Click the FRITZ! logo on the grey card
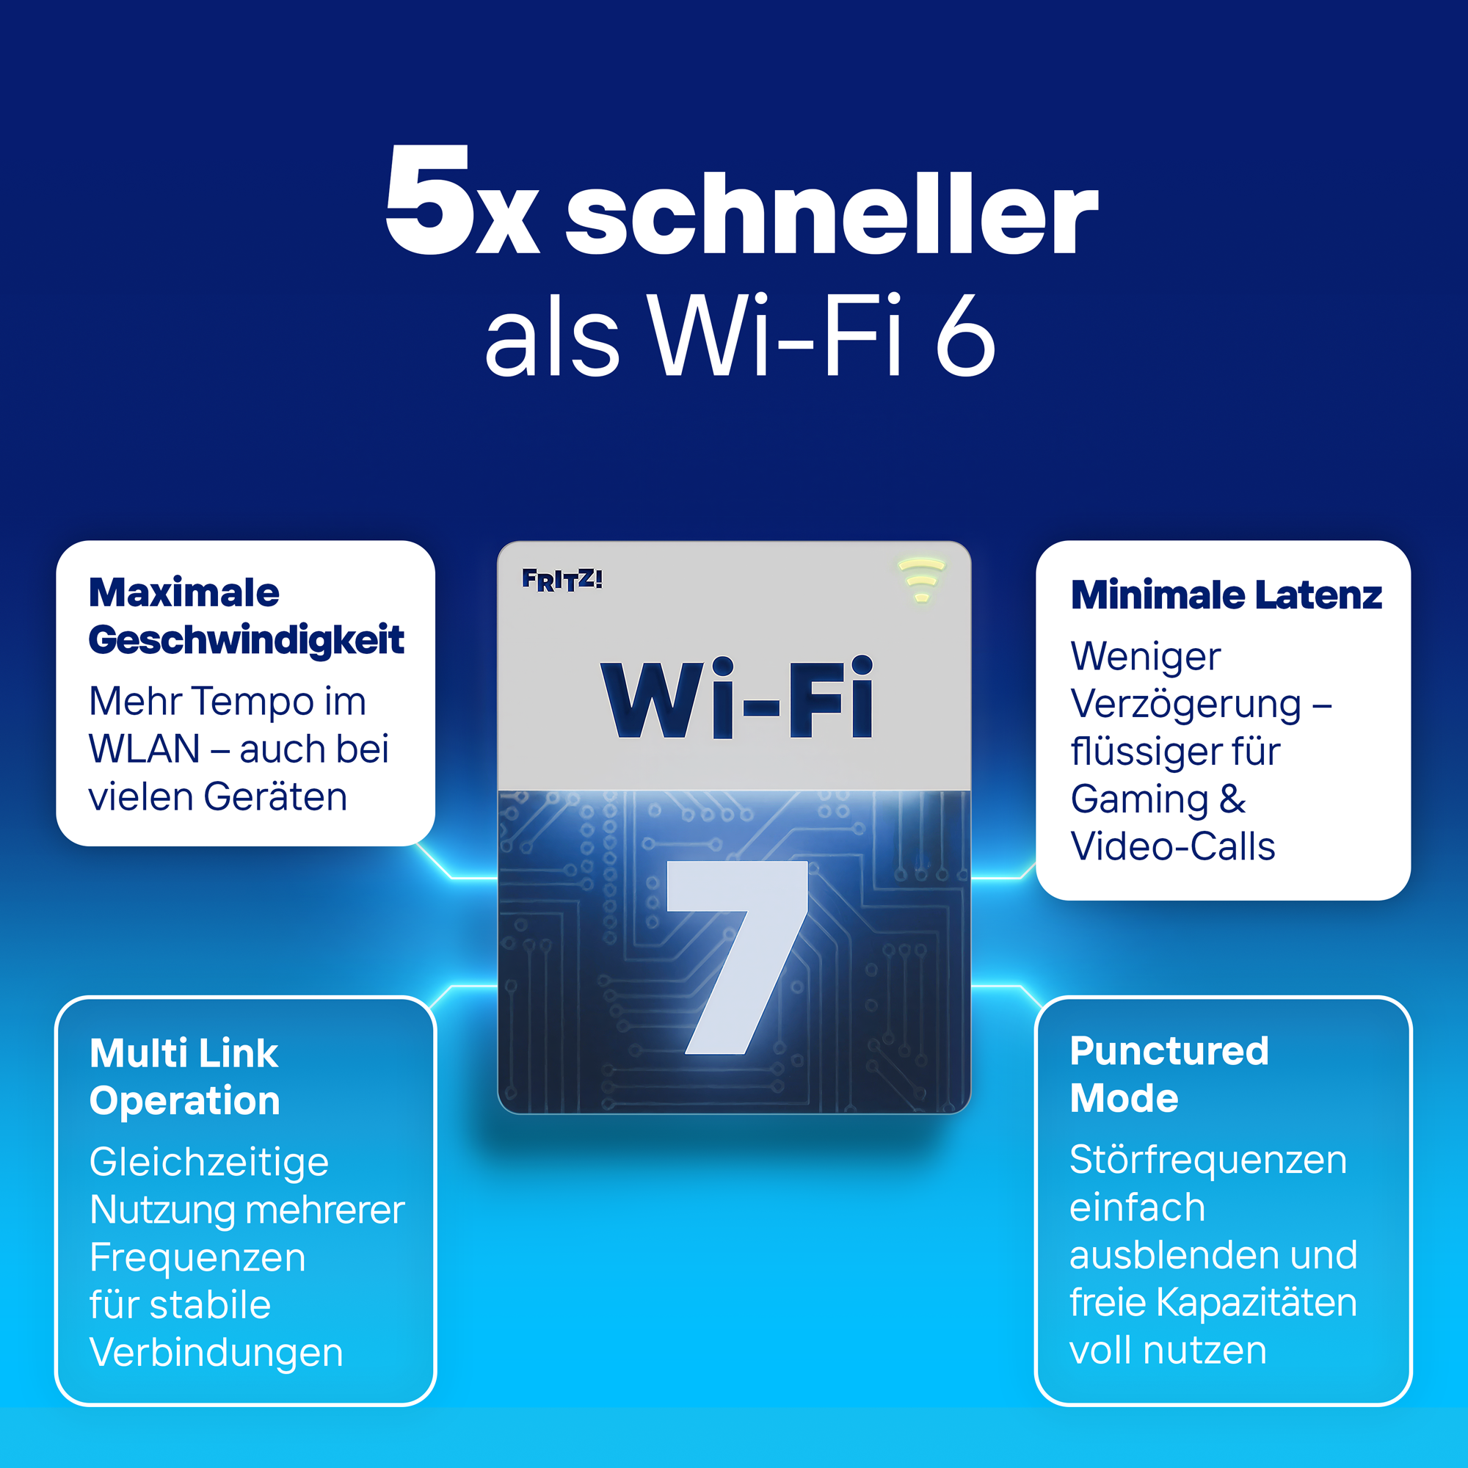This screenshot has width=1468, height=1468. [x=562, y=580]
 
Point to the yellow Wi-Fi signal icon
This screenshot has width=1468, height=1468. [x=921, y=580]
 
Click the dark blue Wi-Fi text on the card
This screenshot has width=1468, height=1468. [x=737, y=698]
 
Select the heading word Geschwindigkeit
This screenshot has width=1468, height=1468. [x=246, y=641]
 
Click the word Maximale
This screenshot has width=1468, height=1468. [x=184, y=592]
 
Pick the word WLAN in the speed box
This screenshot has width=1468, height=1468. [x=145, y=749]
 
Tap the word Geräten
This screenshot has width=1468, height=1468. [x=276, y=797]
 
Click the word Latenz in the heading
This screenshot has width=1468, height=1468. [x=1318, y=595]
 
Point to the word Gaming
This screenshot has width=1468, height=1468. [x=1140, y=800]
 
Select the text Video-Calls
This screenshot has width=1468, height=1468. [x=1172, y=846]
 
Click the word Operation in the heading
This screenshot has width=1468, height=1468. [x=185, y=1102]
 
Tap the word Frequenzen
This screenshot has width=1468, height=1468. [x=197, y=1258]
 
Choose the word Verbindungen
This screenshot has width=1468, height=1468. [x=217, y=1353]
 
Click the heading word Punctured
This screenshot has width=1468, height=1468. [x=1169, y=1052]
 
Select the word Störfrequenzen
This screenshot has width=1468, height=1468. [x=1208, y=1160]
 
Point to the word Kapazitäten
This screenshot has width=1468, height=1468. [x=1257, y=1302]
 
